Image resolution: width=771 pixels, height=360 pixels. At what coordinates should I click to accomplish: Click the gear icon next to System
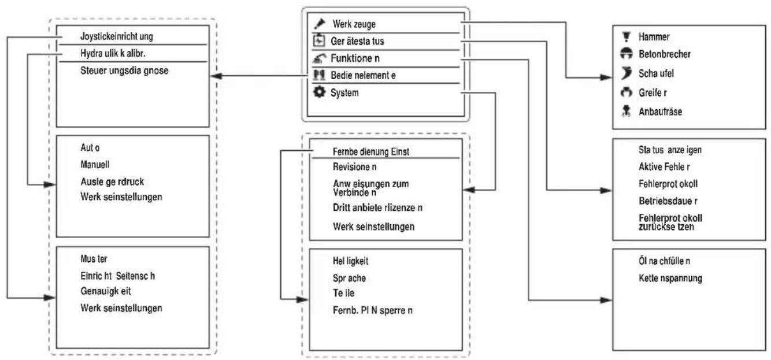coord(319,92)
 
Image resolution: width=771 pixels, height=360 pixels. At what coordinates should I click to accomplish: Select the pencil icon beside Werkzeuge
coord(320,24)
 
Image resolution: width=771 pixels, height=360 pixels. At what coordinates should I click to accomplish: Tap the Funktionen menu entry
coord(355,58)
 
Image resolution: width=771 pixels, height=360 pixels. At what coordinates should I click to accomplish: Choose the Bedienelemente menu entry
coord(363,75)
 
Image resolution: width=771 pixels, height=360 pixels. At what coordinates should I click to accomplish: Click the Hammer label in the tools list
coord(654,37)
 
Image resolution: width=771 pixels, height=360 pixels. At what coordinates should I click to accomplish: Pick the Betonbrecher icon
coord(627,53)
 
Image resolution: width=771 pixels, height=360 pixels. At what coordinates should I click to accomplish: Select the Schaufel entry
coord(656,73)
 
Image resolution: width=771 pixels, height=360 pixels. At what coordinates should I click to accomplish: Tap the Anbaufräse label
coord(660,112)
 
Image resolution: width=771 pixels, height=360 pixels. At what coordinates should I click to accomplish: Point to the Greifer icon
coord(627,92)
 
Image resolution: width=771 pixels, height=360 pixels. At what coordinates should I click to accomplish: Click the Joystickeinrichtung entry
coord(117,36)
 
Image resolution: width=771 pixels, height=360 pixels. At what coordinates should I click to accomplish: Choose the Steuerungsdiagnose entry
coord(124,70)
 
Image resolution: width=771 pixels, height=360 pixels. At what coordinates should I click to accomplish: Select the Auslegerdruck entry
coord(112,181)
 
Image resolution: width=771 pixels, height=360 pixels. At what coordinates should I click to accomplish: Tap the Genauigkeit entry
coord(106,291)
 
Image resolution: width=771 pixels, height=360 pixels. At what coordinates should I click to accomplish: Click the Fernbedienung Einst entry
coord(371,152)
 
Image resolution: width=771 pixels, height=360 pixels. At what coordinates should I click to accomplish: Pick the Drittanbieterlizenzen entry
coord(377,207)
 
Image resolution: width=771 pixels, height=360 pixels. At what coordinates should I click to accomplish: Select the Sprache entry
coord(349,278)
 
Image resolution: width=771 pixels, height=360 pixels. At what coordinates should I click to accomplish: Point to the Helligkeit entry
coord(350,261)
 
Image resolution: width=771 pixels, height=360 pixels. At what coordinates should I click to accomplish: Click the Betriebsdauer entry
coord(668,201)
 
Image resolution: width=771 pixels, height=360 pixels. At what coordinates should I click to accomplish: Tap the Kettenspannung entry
coord(670,278)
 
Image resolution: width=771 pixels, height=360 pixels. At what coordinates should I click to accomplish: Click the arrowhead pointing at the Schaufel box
coord(606,77)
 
